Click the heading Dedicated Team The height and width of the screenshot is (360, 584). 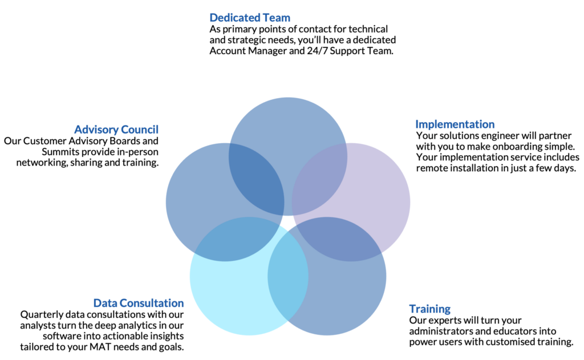point(250,18)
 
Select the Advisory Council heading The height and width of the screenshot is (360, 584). point(116,130)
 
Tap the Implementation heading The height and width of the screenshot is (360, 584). point(455,124)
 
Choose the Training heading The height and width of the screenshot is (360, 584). point(430,309)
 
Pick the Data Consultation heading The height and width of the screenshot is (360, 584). point(139,303)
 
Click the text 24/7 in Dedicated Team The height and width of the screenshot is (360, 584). point(317,51)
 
